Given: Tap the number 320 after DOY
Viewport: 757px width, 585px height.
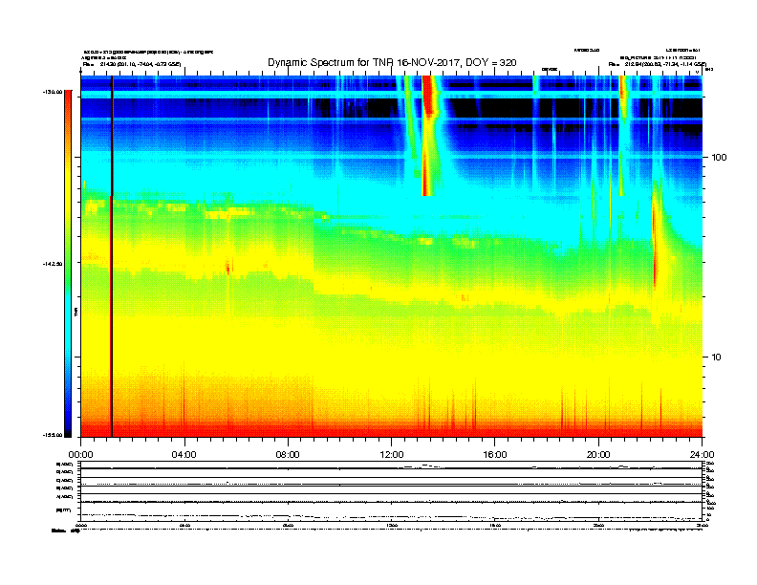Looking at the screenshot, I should click(507, 62).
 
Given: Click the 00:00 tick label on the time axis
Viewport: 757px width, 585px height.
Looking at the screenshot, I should click(80, 454).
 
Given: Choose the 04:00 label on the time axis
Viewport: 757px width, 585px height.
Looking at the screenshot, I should click(184, 454).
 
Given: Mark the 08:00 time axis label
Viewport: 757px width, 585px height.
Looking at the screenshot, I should click(288, 454).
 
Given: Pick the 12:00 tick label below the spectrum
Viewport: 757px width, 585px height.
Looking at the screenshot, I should click(391, 454).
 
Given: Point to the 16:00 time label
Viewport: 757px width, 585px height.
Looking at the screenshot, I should click(495, 454).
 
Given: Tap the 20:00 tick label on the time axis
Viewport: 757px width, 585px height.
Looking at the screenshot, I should click(598, 454).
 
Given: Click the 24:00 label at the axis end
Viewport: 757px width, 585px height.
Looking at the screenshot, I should click(702, 454).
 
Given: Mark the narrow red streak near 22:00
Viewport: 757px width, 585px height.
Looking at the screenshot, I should click(656, 239).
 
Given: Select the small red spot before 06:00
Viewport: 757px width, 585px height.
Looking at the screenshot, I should click(227, 268).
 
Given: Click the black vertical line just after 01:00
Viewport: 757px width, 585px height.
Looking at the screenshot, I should click(112, 315).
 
